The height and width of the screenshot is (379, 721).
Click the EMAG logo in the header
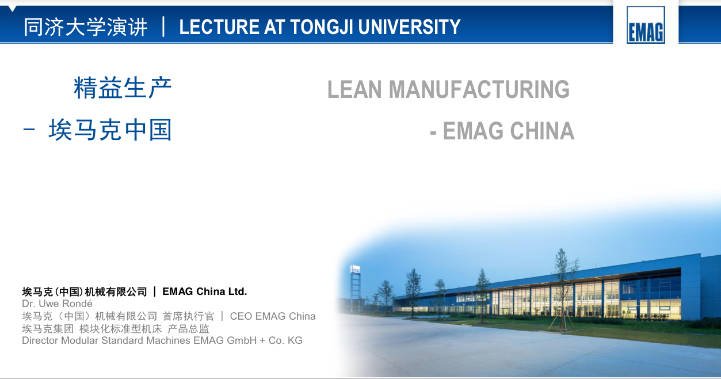tap(646, 25)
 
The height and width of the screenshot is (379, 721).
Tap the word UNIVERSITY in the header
tap(410, 26)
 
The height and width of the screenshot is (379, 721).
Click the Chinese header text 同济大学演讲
tap(86, 27)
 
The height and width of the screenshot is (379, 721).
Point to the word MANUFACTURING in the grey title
tap(479, 89)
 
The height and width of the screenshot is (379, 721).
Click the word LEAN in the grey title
tap(354, 89)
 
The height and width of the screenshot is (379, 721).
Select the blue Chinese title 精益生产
tap(123, 88)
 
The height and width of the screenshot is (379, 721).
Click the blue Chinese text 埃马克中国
tap(110, 130)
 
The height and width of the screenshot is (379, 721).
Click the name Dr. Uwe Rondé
tap(58, 304)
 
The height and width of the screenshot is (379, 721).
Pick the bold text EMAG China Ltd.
tap(205, 291)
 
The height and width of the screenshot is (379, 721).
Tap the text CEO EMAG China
tap(273, 316)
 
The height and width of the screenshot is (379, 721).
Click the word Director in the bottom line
tap(40, 340)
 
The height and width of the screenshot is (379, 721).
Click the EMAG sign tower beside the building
tap(355, 286)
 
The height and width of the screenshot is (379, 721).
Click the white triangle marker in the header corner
tap(12, 9)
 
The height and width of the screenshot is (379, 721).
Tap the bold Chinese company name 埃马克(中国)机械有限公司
tap(85, 291)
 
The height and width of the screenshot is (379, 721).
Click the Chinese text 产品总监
tap(188, 329)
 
